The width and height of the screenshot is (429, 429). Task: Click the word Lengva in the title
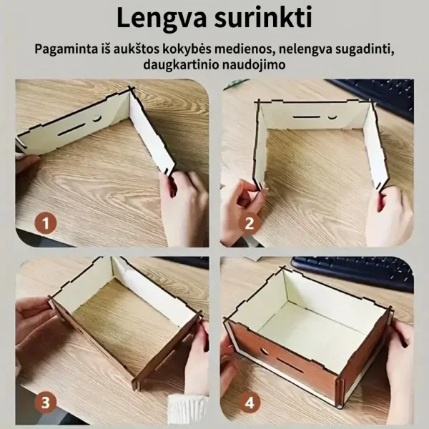pyautogui.click(x=161, y=18)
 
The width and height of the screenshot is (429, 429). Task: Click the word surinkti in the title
pyautogui.click(x=263, y=17)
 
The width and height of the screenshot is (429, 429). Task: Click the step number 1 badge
pyautogui.click(x=46, y=223)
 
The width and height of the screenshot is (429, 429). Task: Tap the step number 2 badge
pyautogui.click(x=250, y=223)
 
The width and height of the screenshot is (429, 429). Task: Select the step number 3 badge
pyautogui.click(x=46, y=403)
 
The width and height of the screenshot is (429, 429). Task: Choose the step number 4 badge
pyautogui.click(x=250, y=403)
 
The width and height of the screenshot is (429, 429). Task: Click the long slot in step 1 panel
pyautogui.click(x=71, y=129)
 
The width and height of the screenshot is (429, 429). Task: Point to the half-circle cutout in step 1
pyautogui.click(x=97, y=119)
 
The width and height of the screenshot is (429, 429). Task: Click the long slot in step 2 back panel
pyautogui.click(x=307, y=117)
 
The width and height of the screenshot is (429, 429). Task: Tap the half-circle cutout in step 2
pyautogui.click(x=332, y=117)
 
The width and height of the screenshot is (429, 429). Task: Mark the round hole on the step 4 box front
pyautogui.click(x=265, y=350)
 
